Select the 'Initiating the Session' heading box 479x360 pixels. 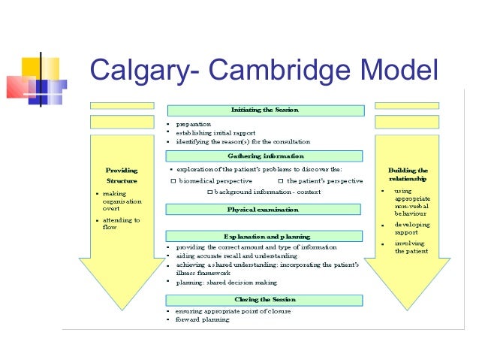[x=265, y=110]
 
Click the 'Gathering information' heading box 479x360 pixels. [x=265, y=156]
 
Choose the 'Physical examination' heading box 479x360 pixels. [x=265, y=209]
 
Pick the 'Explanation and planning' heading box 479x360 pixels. [x=265, y=236]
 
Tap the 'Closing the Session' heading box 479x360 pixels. [x=265, y=298]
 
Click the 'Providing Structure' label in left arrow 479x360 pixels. [x=122, y=175]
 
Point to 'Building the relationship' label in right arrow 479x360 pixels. [x=408, y=175]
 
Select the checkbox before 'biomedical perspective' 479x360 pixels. [x=173, y=181]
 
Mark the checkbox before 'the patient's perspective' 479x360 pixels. [x=280, y=181]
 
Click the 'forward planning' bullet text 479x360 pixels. [x=202, y=319]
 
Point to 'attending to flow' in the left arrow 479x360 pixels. [x=120, y=223]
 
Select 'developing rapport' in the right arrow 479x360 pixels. [x=412, y=228]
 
